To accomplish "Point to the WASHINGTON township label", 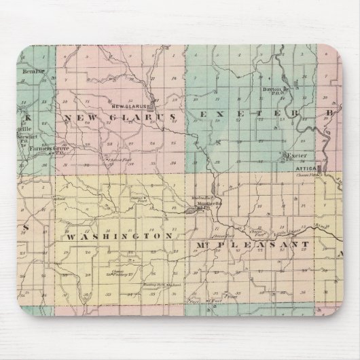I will tap(117, 236).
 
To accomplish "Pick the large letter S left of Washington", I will tap(25, 227).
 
